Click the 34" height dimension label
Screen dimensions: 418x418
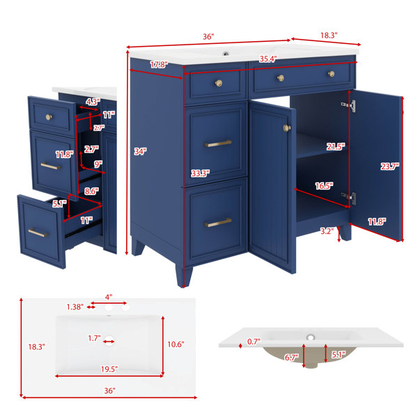[140, 152]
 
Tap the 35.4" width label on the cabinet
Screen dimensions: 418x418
[268, 59]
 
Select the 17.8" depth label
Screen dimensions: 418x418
[159, 65]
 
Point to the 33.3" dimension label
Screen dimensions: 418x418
[200, 173]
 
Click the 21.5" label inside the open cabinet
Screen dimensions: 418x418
[336, 146]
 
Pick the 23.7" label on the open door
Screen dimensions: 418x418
[389, 167]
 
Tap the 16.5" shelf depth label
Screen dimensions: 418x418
[324, 186]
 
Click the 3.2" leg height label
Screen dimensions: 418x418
[327, 231]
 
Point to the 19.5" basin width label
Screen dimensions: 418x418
[109, 369]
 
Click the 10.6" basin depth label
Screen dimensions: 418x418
[176, 344]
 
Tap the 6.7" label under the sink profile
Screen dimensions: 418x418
[292, 357]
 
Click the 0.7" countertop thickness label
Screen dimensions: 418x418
[254, 341]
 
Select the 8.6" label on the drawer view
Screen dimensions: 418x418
[91, 191]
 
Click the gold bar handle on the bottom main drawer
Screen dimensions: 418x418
[218, 222]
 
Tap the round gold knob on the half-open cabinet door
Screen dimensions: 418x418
[287, 128]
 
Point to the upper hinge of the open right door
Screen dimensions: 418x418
[349, 105]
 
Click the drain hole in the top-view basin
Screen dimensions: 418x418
[109, 341]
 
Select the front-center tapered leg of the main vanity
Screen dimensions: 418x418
[184, 275]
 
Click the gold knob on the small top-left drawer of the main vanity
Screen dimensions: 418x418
[219, 83]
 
